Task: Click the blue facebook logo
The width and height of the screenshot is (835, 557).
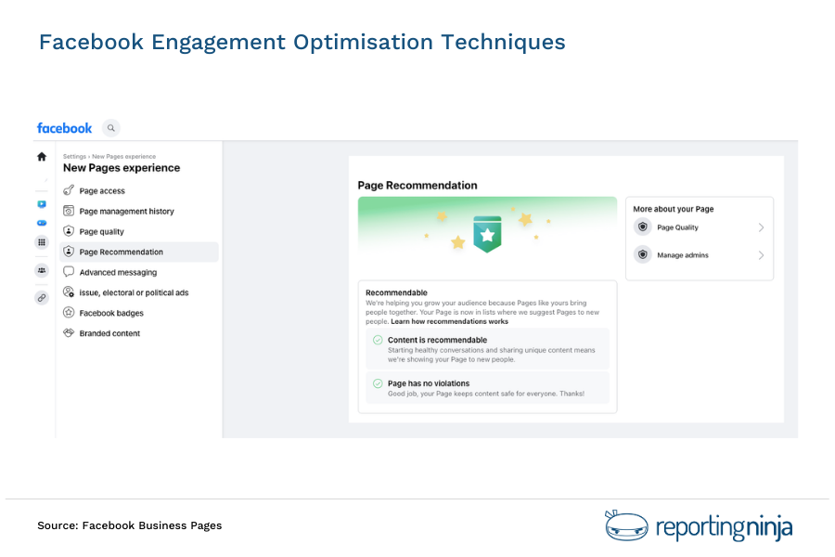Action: point(64,128)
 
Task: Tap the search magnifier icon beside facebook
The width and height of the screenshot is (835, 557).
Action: point(111,128)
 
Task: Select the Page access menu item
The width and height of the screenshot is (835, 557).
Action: point(102,191)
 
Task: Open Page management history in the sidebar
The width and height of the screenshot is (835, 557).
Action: point(126,212)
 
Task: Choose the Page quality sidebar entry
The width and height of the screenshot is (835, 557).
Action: point(101,232)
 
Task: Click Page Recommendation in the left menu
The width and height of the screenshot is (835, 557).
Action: point(121,253)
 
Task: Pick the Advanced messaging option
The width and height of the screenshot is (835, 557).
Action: point(118,273)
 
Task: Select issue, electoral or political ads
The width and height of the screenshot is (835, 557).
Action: point(134,293)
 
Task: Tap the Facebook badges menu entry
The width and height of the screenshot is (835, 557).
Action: point(111,314)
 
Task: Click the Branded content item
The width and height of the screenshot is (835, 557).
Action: point(109,333)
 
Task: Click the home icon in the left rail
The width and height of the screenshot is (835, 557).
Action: point(42,157)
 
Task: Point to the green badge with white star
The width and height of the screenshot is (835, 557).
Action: point(487,234)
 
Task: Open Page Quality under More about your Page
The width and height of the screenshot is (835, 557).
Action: point(677,227)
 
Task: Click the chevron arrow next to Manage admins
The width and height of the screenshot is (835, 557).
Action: point(762,255)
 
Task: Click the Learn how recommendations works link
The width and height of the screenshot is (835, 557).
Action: point(449,321)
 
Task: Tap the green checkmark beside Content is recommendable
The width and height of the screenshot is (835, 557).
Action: point(378,340)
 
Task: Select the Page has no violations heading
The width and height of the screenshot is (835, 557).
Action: point(429,383)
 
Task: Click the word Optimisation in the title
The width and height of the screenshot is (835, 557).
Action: point(364,43)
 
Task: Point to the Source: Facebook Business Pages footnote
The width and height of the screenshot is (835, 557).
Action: point(129,525)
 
